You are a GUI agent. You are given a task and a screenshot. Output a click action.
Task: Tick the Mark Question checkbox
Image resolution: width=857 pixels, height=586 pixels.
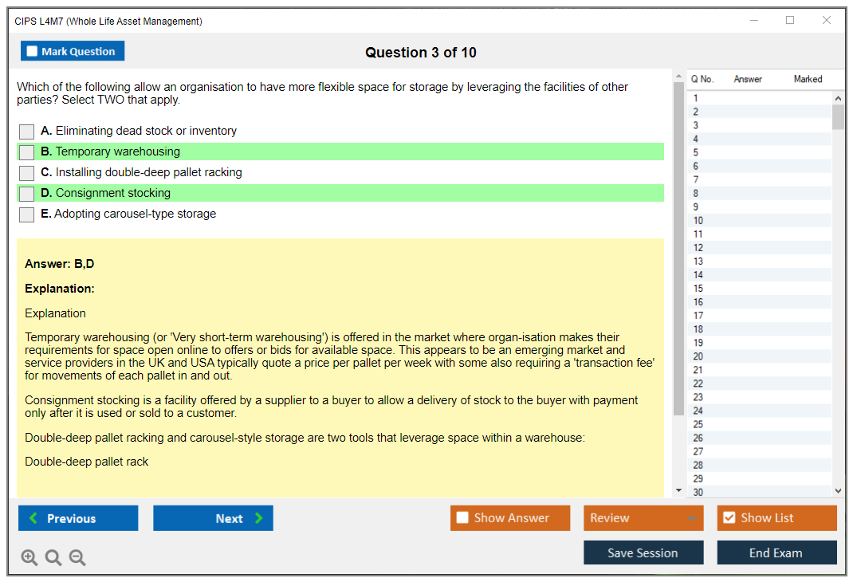(x=32, y=51)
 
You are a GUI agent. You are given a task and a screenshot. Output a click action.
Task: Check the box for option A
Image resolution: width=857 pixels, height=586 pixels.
(x=27, y=132)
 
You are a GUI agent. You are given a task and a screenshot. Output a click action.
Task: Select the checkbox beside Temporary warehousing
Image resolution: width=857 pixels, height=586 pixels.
(x=27, y=152)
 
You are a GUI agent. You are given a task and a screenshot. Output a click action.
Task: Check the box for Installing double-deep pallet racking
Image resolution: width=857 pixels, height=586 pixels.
(x=27, y=173)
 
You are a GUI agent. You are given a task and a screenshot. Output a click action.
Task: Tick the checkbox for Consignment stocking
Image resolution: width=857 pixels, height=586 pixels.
(x=27, y=194)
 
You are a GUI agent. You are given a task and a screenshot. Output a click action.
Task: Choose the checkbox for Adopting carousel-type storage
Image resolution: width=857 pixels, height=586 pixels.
(x=27, y=214)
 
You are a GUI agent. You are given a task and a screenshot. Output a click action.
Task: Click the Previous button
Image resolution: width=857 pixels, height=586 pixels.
(x=78, y=518)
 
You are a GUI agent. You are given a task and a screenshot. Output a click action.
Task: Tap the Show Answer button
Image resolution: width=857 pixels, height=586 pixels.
(x=510, y=518)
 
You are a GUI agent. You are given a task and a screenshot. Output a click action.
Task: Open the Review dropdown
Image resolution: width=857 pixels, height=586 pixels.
(x=643, y=518)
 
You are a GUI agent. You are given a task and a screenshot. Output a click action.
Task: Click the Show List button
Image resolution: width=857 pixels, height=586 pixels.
(x=776, y=518)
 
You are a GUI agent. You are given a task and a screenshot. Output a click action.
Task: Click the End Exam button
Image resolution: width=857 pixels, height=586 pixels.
(x=776, y=553)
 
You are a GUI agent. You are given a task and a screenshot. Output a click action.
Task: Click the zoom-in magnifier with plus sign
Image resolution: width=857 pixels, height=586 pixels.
(x=29, y=557)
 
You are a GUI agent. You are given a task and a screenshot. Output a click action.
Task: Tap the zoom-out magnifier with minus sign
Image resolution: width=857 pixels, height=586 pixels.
(x=77, y=557)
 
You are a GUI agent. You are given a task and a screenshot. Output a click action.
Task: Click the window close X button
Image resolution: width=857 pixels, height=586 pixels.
(x=827, y=20)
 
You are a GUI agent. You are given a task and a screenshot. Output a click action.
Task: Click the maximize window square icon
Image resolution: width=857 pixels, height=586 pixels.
(x=790, y=20)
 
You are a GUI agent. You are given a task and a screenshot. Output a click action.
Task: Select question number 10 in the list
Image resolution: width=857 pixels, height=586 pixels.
(x=698, y=221)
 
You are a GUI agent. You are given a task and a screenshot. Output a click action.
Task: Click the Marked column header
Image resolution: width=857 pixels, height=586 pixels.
(x=808, y=79)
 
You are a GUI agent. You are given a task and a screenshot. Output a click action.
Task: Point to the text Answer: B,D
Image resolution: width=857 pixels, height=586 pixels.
(x=60, y=264)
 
